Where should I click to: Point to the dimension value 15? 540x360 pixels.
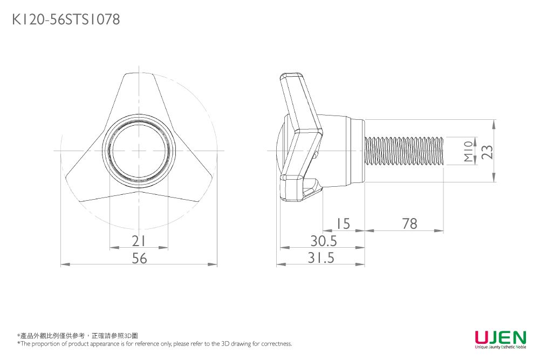[x=343, y=223]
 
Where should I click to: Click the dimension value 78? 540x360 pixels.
[x=409, y=223]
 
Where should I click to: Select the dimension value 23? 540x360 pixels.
[x=487, y=152]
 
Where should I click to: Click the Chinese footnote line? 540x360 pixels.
[x=78, y=336]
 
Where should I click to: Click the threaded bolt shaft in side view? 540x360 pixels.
[x=405, y=151]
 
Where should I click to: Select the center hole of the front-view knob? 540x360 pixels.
[x=139, y=151]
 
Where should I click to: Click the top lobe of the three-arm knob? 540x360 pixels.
[x=139, y=89]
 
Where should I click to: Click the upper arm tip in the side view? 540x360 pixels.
[x=291, y=78]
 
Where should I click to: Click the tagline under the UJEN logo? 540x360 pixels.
[x=500, y=348]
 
